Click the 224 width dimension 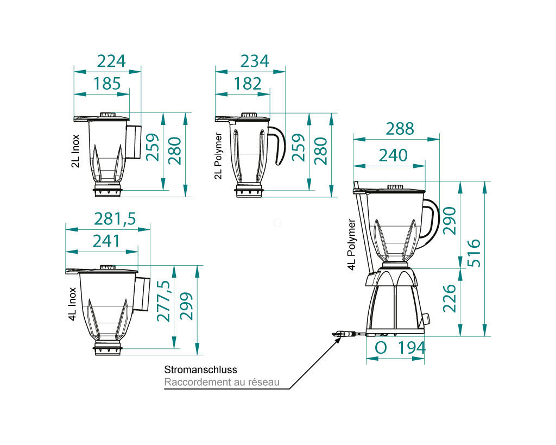(x=111, y=61)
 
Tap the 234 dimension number (x=254, y=61)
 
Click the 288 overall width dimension (x=400, y=128)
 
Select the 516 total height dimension (x=473, y=253)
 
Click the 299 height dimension (x=186, y=307)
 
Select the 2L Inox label (x=75, y=152)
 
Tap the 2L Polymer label (x=218, y=155)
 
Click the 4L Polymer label (x=351, y=245)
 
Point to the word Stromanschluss (x=200, y=370)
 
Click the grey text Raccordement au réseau (x=222, y=383)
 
